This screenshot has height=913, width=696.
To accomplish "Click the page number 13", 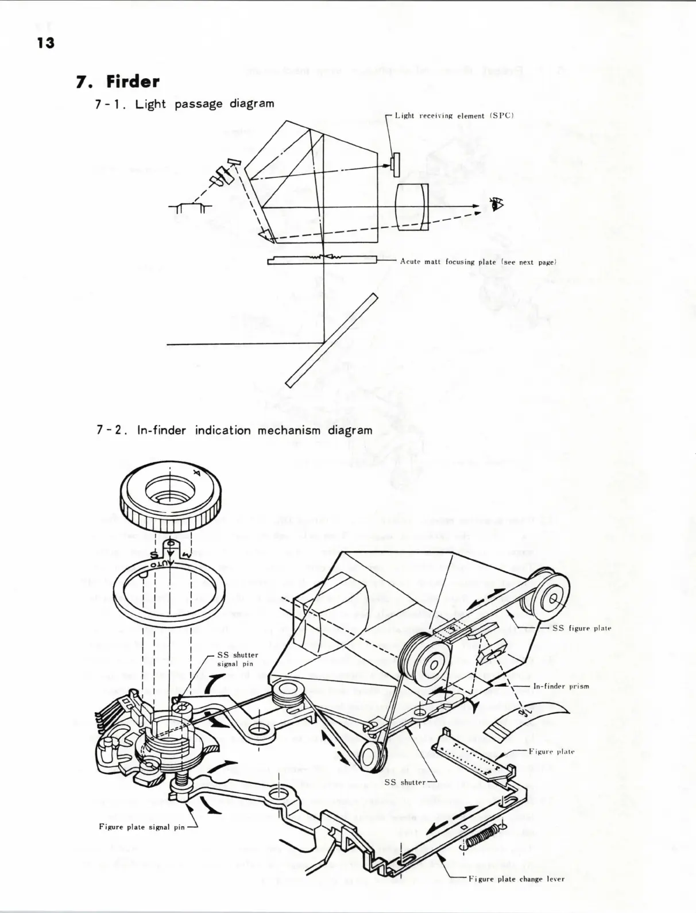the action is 45,42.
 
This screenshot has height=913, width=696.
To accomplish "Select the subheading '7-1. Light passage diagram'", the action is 183,104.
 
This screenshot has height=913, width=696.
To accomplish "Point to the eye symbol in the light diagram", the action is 494,204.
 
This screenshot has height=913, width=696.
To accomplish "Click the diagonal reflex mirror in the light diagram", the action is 332,341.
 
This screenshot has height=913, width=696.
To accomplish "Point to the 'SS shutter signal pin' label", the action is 237,659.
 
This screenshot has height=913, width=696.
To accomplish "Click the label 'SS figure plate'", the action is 581,628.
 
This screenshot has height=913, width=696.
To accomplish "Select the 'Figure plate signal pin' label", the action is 141,827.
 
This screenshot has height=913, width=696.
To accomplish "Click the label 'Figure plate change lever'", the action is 516,879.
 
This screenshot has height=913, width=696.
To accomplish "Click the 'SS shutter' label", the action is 405,782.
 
